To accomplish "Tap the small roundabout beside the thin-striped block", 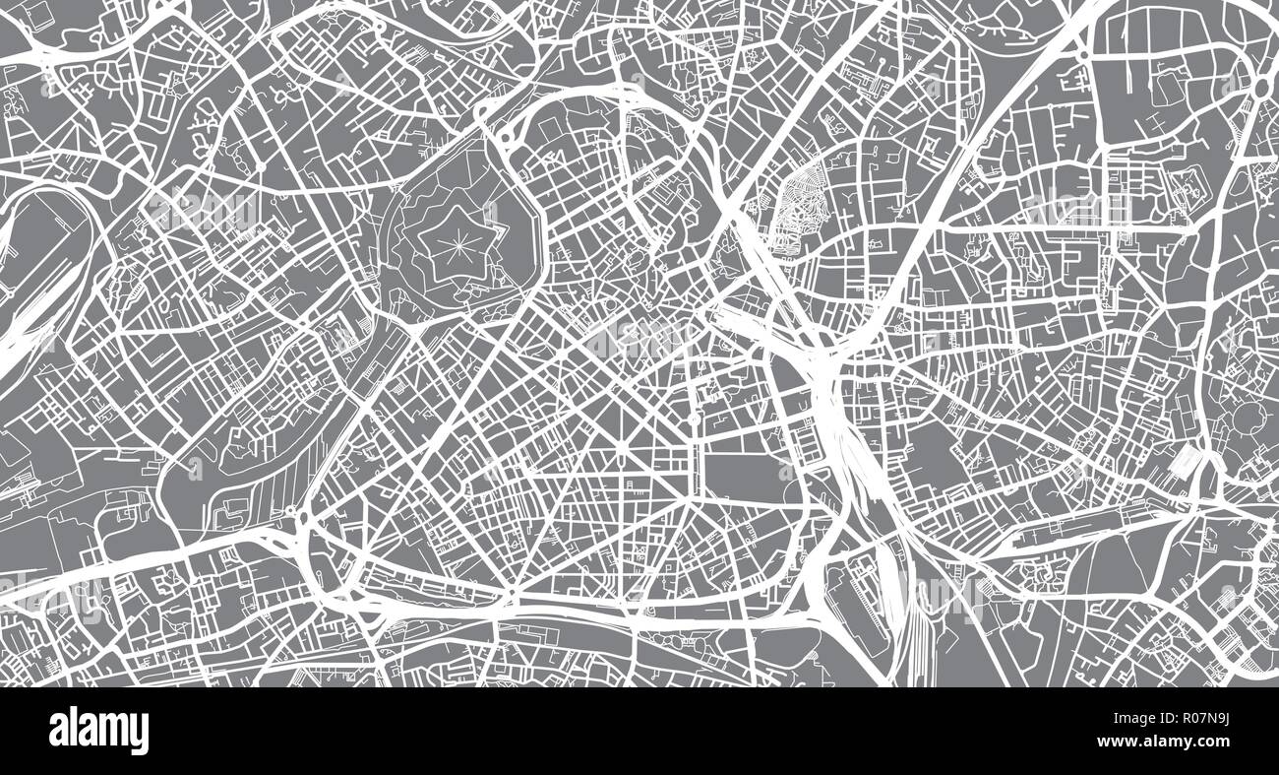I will (291, 512).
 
